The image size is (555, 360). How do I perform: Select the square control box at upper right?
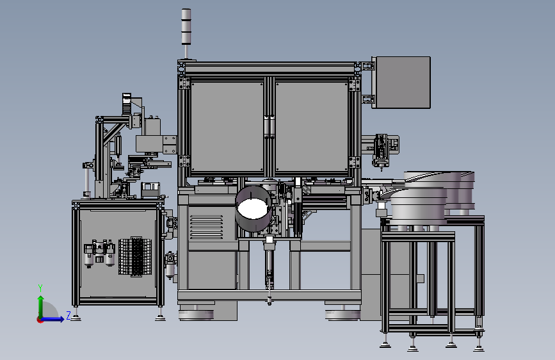[401, 82]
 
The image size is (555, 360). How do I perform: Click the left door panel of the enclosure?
[227, 127]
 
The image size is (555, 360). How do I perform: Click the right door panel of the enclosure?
[312, 127]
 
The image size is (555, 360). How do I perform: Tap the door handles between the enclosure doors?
[269, 126]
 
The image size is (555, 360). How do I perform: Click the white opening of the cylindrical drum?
[252, 208]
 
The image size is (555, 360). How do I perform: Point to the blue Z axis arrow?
[52, 319]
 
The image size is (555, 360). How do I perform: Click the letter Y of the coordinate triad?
[40, 288]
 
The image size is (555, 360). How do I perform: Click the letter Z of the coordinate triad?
[68, 315]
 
